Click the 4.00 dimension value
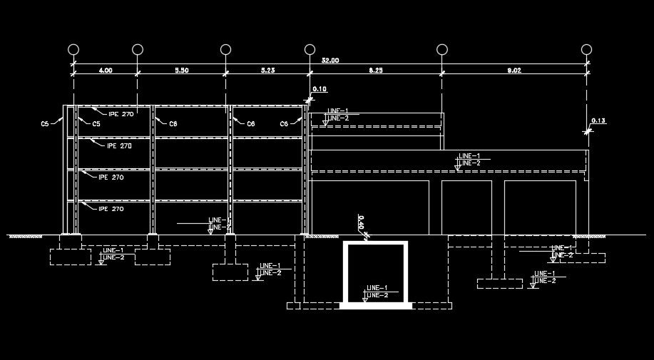coord(105,71)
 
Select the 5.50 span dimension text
coord(181,71)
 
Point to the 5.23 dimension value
coord(268,71)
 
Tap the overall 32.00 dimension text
coord(330,61)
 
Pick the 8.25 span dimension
coord(376,71)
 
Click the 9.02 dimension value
coord(514,71)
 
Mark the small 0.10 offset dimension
coord(320,89)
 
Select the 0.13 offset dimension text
coord(598,121)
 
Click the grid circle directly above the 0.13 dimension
coord(586,49)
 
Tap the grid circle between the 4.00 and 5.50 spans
coord(137,49)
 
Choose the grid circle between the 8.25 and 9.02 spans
coord(442,49)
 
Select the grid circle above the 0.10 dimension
coord(310,49)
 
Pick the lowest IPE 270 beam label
coord(111,209)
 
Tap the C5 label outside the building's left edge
coord(45,123)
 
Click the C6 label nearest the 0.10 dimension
coord(284,124)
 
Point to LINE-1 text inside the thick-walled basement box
coord(377,288)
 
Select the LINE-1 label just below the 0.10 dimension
coord(337,111)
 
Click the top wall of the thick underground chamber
coord(376,245)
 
